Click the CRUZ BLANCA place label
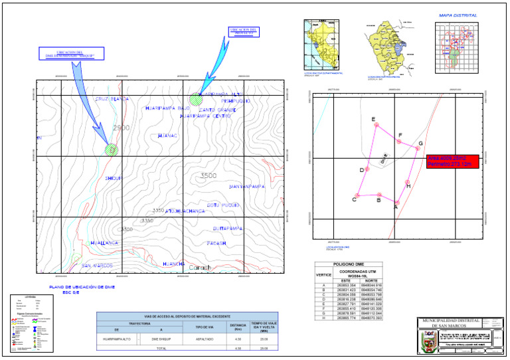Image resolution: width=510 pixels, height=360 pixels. pyautogui.click(x=111, y=99)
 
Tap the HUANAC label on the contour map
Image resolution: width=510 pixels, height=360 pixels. pyautogui.click(x=168, y=135)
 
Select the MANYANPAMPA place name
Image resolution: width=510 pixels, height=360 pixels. pyautogui.click(x=247, y=187)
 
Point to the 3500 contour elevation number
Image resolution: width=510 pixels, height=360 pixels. pyautogui.click(x=208, y=176)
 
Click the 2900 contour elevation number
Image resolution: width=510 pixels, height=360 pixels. pyautogui.click(x=122, y=128)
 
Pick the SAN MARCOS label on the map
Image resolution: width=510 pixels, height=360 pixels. pyautogui.click(x=97, y=266)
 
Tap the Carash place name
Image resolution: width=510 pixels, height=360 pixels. pyautogui.click(x=200, y=268)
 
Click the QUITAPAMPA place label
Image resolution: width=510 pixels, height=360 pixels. pyautogui.click(x=228, y=228)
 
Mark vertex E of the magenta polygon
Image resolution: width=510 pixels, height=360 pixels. pyautogui.click(x=377, y=125)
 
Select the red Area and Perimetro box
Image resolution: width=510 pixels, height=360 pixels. pyautogui.click(x=451, y=161)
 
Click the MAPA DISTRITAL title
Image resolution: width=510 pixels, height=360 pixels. pyautogui.click(x=458, y=15)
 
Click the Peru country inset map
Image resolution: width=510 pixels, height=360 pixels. pyautogui.click(x=321, y=44)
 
